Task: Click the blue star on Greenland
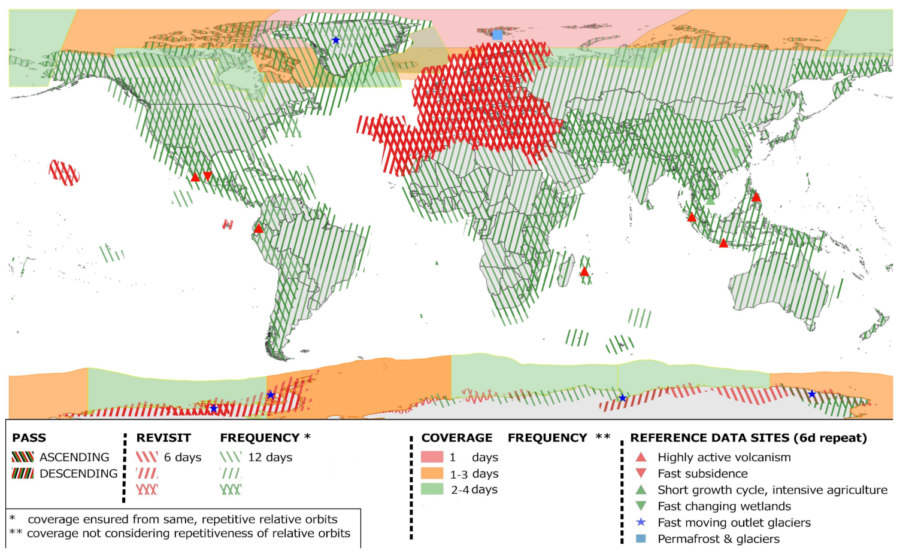[x=336, y=40]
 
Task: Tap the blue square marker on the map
[x=497, y=35]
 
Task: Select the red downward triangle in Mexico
[x=208, y=176]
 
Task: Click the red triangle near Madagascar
[x=584, y=272]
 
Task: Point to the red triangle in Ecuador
[x=258, y=229]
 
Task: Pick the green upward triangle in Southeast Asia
[x=710, y=200]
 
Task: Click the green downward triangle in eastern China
[x=736, y=153]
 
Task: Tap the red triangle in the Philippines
[x=756, y=197]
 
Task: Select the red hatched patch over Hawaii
[x=64, y=173]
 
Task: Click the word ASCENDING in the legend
[x=74, y=457]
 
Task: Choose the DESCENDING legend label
[x=78, y=473]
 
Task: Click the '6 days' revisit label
[x=183, y=457]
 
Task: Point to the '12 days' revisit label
[x=270, y=457]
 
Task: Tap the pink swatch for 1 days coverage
[x=432, y=457]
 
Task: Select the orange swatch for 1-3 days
[x=432, y=473]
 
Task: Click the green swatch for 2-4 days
[x=432, y=489]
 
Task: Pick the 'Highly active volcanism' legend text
[x=724, y=457]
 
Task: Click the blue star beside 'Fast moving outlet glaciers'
[x=641, y=522]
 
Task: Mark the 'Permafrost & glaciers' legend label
[x=719, y=538]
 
